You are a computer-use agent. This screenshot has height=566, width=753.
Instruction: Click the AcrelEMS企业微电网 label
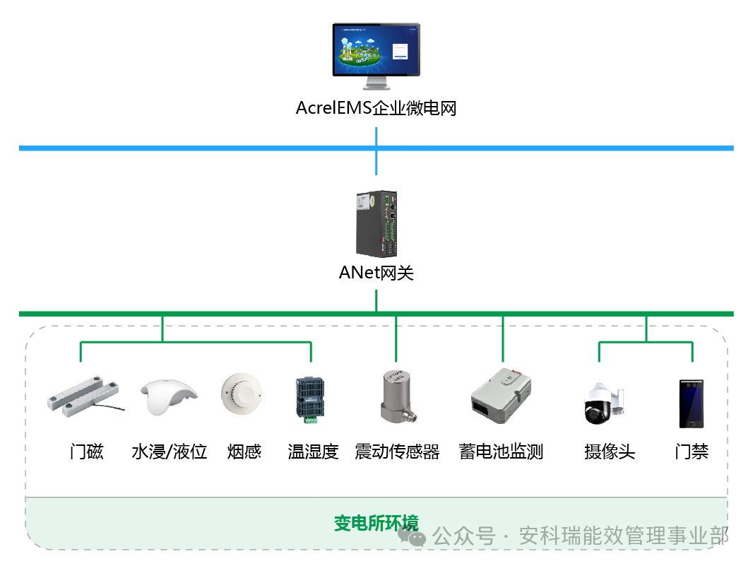(376, 109)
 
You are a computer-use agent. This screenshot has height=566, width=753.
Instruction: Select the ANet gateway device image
(376, 224)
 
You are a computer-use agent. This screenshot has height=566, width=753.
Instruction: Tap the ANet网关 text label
(376, 273)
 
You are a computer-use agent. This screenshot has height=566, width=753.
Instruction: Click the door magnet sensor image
(83, 395)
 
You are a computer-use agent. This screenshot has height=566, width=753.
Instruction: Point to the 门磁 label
(86, 452)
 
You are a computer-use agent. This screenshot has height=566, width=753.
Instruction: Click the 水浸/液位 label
(169, 452)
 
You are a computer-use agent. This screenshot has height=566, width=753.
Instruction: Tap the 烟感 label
(244, 452)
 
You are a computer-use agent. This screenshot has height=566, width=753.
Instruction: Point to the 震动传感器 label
(397, 452)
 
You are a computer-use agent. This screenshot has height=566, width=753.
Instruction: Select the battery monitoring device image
(500, 396)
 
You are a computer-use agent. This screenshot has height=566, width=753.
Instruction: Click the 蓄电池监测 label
(501, 452)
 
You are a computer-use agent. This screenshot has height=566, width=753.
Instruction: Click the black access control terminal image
(691, 403)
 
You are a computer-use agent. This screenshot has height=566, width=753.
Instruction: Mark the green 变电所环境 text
(376, 524)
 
